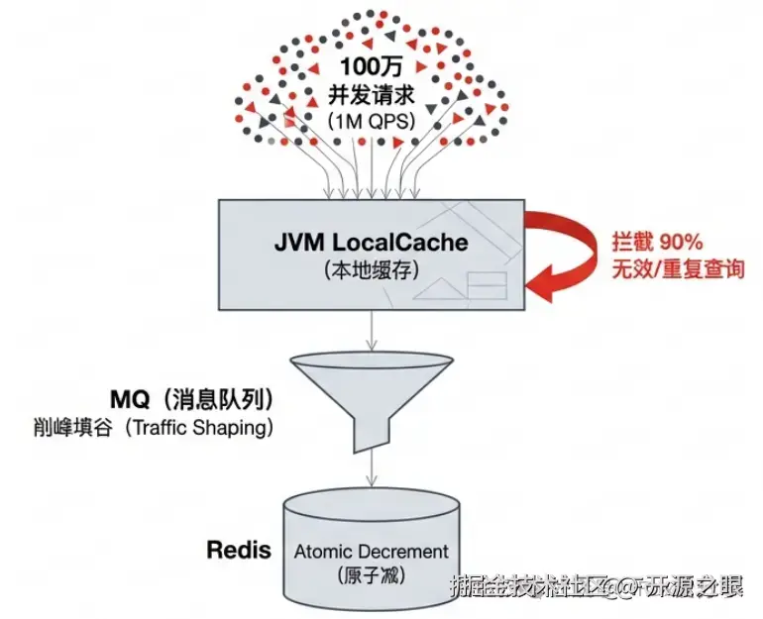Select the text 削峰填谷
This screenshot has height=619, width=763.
click(69, 429)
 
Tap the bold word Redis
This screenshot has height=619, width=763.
click(239, 550)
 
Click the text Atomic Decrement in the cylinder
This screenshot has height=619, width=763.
click(372, 551)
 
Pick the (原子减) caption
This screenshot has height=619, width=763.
click(372, 575)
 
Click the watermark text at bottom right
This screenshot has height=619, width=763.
click(595, 585)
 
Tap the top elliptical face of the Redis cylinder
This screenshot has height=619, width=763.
click(372, 503)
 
